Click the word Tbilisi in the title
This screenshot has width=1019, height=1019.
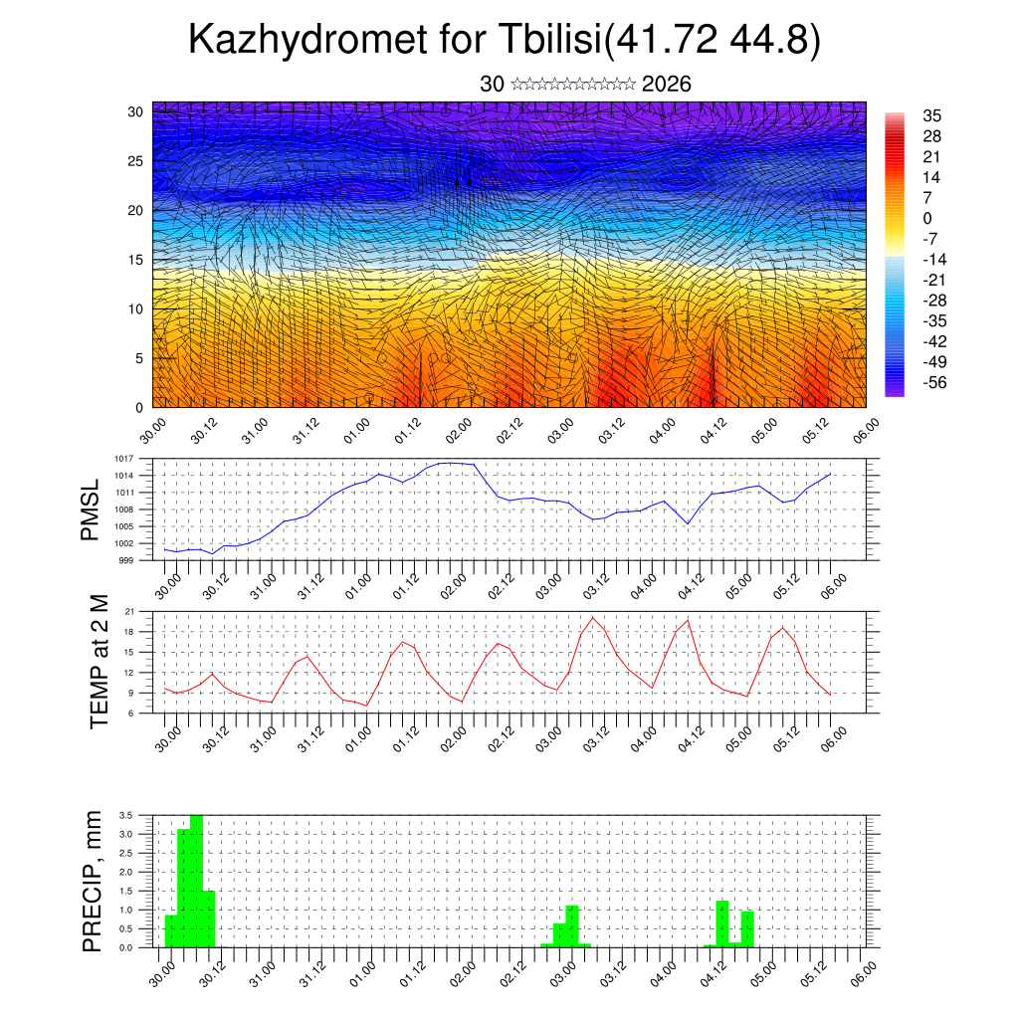point(544,41)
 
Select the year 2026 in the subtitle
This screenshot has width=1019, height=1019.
point(667,85)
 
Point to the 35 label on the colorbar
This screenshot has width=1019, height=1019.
point(932,116)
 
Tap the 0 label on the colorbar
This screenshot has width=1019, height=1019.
point(927,218)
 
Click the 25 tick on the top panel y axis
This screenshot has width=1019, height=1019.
point(135,161)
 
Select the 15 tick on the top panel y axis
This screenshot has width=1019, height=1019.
point(135,260)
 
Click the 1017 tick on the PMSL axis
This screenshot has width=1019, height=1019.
point(124,459)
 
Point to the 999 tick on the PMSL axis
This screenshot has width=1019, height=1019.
point(127,560)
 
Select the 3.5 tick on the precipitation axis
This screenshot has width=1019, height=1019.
point(126,815)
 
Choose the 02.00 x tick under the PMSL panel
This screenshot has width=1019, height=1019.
point(460,580)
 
